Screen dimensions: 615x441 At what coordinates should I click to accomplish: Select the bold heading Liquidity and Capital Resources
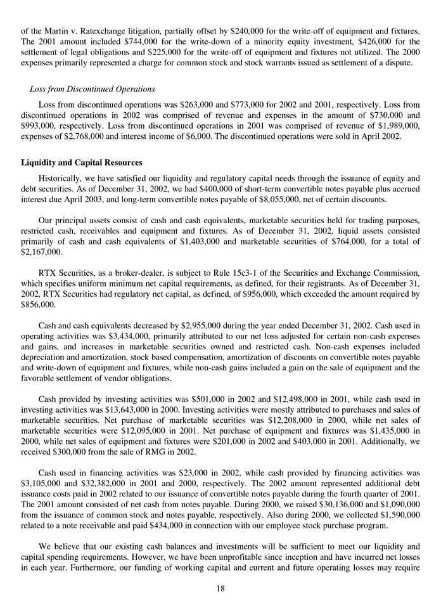[x=82, y=162]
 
